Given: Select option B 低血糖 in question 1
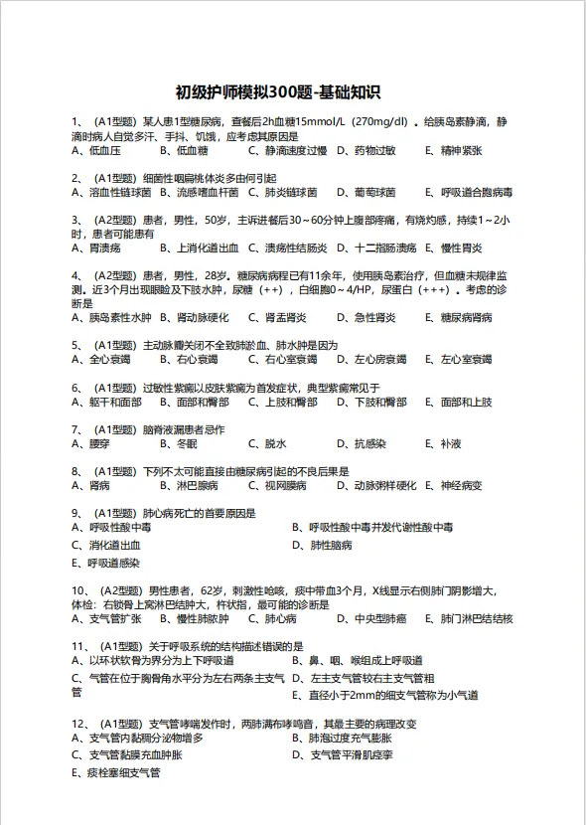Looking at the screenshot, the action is (184, 151).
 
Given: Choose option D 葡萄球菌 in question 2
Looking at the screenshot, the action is (366, 193).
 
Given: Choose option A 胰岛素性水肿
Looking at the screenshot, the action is (111, 318).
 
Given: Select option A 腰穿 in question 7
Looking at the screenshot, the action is (91, 444).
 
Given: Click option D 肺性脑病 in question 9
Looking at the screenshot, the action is (323, 546).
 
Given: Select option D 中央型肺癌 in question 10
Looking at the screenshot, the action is (371, 619).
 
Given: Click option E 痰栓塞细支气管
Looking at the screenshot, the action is (116, 772).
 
